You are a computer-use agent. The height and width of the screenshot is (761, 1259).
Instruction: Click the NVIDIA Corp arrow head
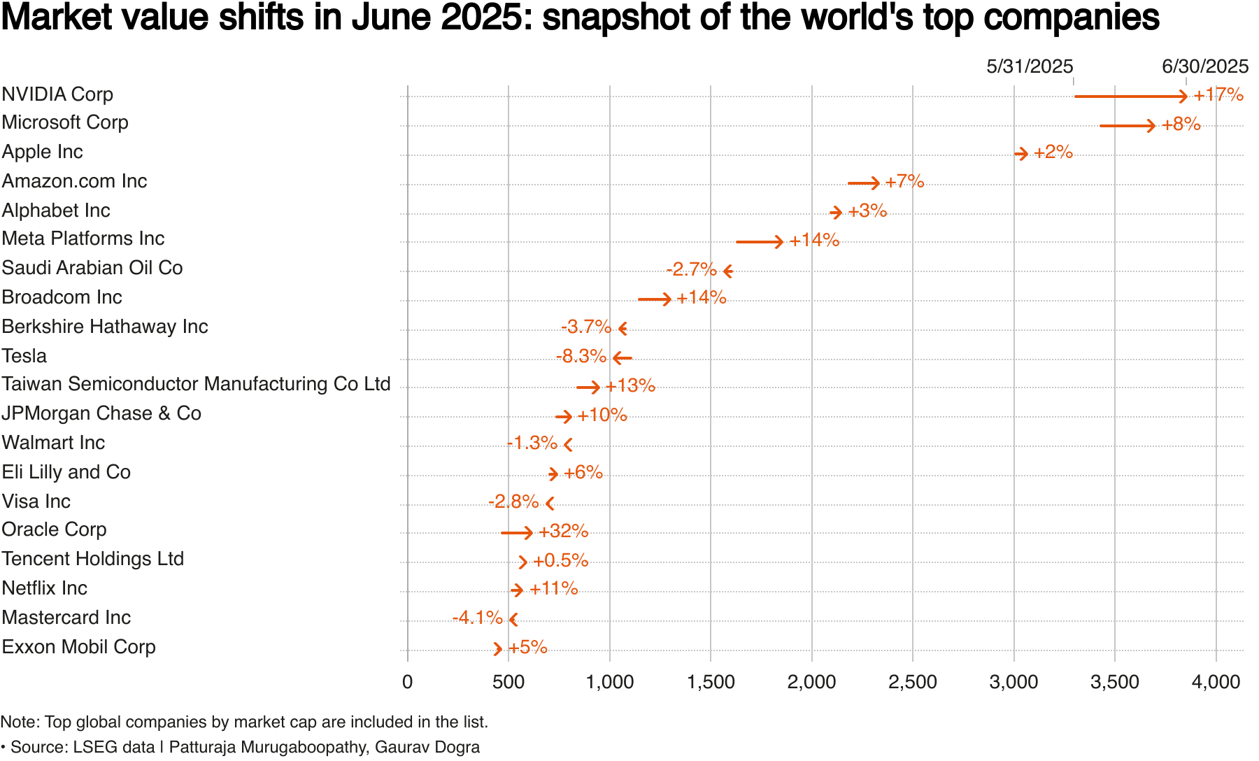(1183, 96)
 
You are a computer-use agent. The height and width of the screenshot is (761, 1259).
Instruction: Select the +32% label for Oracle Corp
(563, 532)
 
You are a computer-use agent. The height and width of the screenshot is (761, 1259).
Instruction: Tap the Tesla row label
(24, 356)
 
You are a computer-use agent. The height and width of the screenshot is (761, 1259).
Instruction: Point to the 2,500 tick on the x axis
(912, 682)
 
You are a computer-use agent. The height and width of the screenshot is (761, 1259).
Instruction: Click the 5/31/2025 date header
(1030, 66)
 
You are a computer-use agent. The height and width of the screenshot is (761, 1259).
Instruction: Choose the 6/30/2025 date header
(1205, 66)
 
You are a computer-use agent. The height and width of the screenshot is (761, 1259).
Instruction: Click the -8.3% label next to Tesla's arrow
(581, 357)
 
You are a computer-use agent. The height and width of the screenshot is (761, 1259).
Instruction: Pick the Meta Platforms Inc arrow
(760, 242)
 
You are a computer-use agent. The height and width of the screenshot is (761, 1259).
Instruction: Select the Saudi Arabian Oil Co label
(92, 268)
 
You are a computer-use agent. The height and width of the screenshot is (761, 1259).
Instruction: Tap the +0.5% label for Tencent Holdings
(560, 561)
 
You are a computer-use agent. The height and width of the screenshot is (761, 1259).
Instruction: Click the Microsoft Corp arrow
(1127, 126)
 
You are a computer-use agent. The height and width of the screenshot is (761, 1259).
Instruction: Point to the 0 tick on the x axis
(407, 682)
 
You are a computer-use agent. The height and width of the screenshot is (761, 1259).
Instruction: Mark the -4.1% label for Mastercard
(477, 618)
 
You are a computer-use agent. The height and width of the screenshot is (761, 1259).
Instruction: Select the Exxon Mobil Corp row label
(78, 647)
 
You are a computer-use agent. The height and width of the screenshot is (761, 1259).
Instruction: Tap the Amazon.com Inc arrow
(863, 183)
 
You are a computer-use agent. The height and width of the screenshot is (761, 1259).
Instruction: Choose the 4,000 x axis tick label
(1216, 682)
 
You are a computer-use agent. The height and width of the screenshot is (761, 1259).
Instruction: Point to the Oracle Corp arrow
(517, 533)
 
